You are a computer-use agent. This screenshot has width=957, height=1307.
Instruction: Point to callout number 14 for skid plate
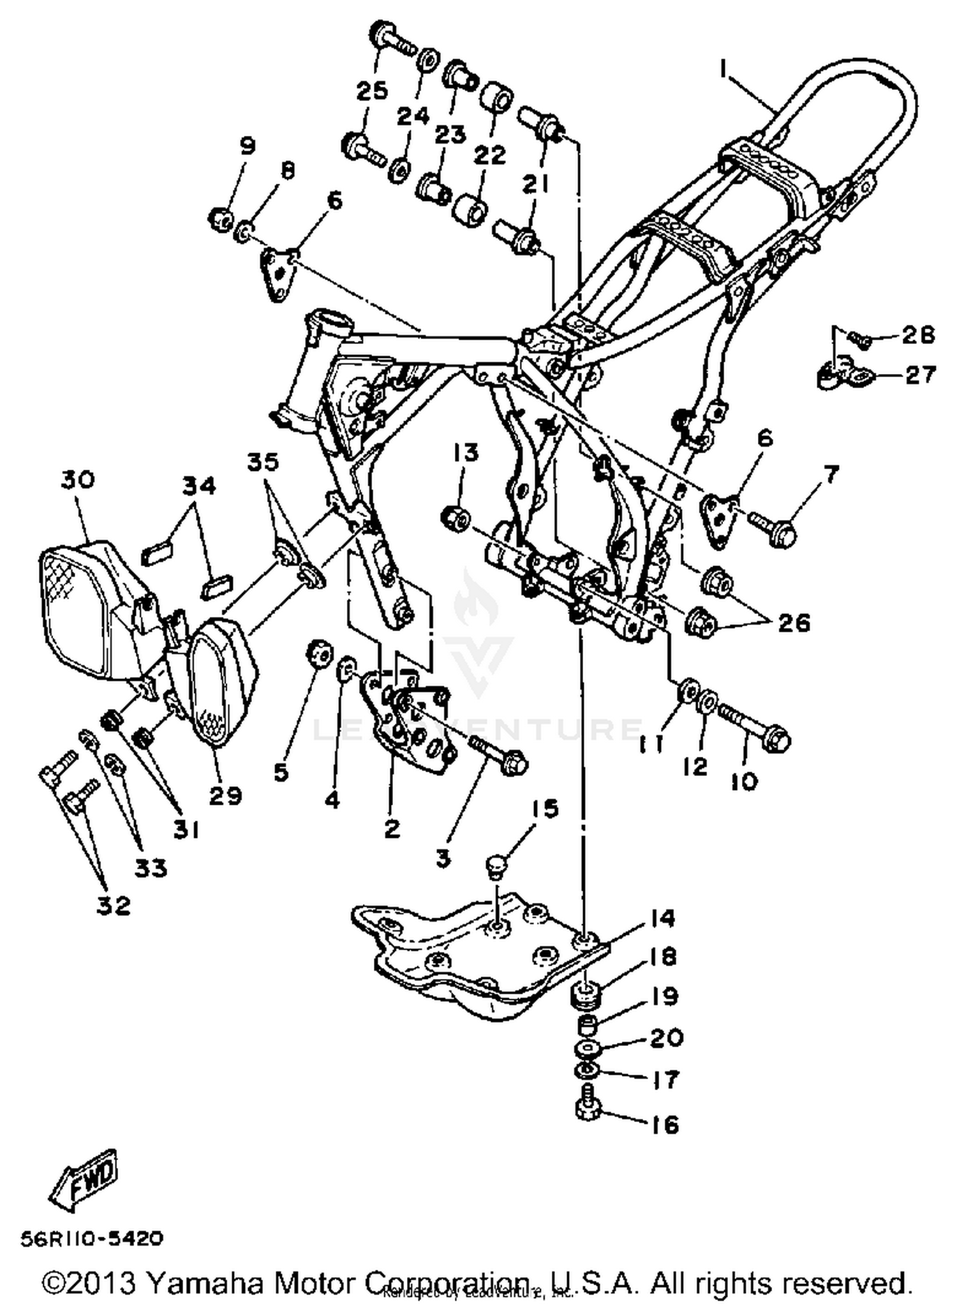(663, 918)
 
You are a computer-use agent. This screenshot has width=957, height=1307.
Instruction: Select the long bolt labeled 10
(753, 727)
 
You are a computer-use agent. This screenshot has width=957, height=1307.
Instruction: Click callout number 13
(466, 453)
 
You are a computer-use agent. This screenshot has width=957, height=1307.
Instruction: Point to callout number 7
(831, 474)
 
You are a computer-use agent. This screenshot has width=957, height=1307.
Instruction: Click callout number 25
(372, 91)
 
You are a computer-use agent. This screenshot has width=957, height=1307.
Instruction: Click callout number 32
(114, 905)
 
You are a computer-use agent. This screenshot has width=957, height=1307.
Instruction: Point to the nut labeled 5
(318, 652)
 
